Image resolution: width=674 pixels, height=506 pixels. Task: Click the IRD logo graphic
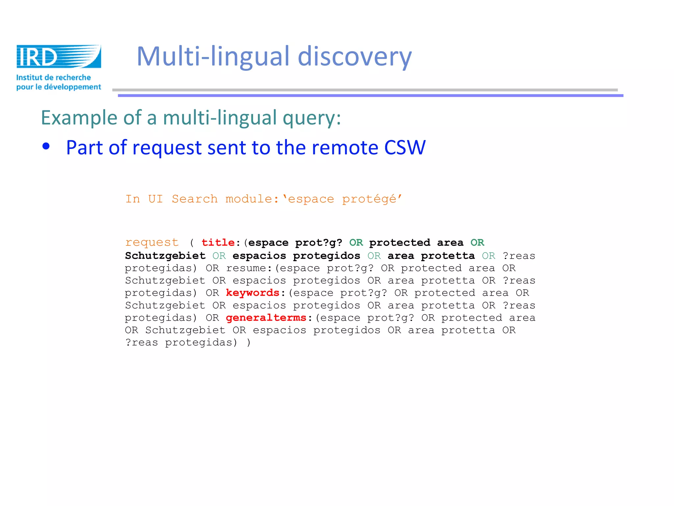pyautogui.click(x=59, y=56)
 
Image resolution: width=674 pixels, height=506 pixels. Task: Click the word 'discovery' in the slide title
pyautogui.click(x=355, y=57)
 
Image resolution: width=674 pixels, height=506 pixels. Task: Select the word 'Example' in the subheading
pyautogui.click(x=79, y=118)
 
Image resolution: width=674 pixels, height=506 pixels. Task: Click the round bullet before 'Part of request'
pyautogui.click(x=46, y=146)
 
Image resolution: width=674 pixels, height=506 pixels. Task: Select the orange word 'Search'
pyautogui.click(x=194, y=199)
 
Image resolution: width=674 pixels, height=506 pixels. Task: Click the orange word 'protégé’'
pyautogui.click(x=372, y=199)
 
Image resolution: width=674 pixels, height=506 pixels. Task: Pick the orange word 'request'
pyautogui.click(x=152, y=242)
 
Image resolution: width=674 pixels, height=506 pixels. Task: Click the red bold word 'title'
pyautogui.click(x=218, y=242)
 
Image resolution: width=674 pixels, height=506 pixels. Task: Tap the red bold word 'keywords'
pyautogui.click(x=252, y=293)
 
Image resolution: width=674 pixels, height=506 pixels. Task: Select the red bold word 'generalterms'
pyautogui.click(x=266, y=318)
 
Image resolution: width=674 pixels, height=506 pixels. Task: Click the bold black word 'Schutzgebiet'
pyautogui.click(x=165, y=256)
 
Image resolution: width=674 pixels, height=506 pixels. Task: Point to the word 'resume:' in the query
pyautogui.click(x=249, y=268)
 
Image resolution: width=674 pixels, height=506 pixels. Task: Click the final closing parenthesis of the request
pyautogui.click(x=248, y=343)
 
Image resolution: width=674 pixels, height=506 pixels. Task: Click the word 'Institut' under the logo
pyautogui.click(x=29, y=78)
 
